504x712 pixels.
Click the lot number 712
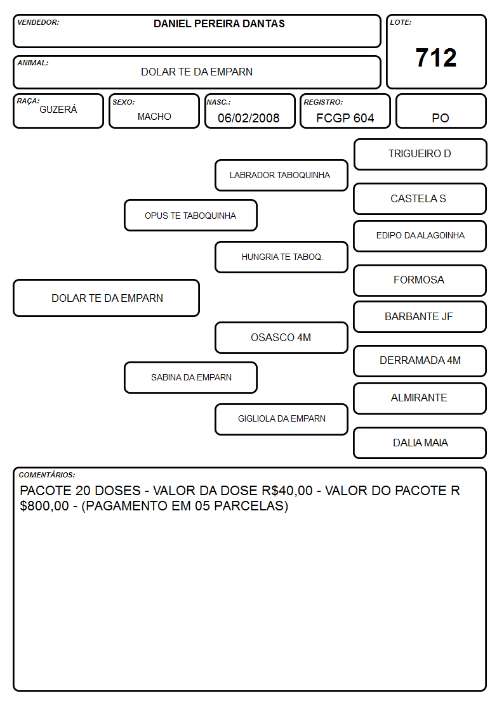(436, 58)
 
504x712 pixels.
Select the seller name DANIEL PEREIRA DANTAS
(219, 23)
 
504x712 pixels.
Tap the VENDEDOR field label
(38, 22)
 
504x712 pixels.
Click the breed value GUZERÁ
(58, 110)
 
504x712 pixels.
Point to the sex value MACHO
(154, 117)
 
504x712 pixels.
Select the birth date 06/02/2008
(249, 118)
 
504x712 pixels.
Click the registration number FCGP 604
(345, 118)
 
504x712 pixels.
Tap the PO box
(441, 111)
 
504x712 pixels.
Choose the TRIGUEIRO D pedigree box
(420, 155)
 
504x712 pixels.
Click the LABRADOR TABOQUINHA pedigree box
(281, 175)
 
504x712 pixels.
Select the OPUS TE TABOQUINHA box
(190, 215)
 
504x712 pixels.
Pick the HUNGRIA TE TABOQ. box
(281, 257)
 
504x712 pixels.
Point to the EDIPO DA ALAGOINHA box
(420, 236)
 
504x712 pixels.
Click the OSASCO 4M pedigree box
(281, 337)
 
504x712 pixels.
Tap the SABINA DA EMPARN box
(190, 377)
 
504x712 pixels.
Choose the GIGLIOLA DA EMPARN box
(281, 419)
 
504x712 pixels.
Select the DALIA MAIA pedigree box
(420, 443)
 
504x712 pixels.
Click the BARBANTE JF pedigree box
(420, 316)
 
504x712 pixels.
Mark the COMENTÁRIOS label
(47, 475)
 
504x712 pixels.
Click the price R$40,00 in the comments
(287, 491)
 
